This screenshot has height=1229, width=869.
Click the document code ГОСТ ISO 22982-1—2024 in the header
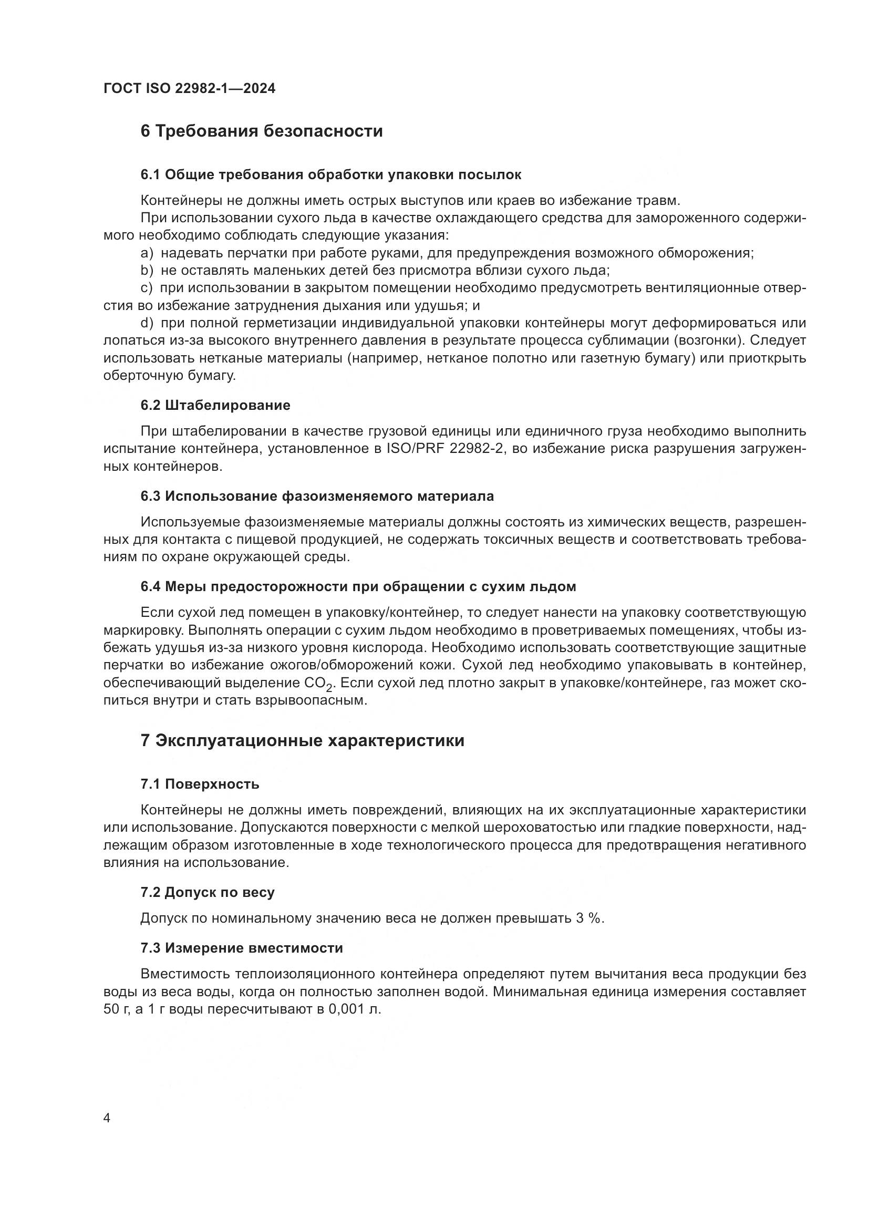[x=190, y=89]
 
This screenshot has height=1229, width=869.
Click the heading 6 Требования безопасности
[x=262, y=131]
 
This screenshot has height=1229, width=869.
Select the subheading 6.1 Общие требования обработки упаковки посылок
[x=330, y=174]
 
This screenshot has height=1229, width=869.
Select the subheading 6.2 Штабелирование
[x=215, y=405]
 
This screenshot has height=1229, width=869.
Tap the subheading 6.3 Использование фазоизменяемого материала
[x=317, y=496]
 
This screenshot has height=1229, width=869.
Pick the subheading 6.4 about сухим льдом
[x=358, y=587]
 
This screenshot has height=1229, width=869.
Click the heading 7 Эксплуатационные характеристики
[x=302, y=741]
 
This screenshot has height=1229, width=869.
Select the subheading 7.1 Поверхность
[x=200, y=784]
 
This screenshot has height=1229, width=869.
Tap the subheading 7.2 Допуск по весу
[x=208, y=892]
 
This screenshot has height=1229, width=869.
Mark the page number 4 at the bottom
[x=107, y=1119]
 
